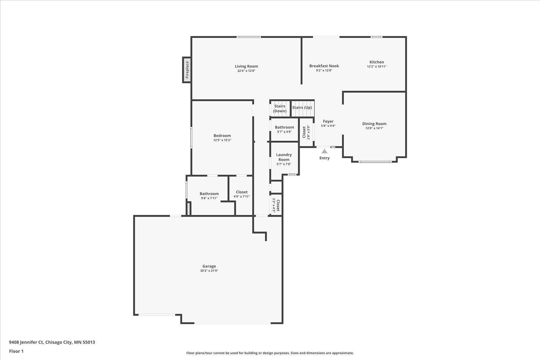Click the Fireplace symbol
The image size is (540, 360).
pyautogui.click(x=187, y=70)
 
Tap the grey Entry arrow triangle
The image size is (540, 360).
pyautogui.click(x=324, y=151)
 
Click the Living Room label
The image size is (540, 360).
pyautogui.click(x=246, y=66)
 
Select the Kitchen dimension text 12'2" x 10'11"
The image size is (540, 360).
pyautogui.click(x=377, y=66)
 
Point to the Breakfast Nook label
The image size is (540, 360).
pyautogui.click(x=324, y=66)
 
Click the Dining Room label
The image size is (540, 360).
pyautogui.click(x=374, y=123)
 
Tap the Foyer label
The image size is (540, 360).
pyautogui.click(x=328, y=121)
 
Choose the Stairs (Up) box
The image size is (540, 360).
pyautogui.click(x=302, y=108)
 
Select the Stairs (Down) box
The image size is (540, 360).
pyautogui.click(x=280, y=108)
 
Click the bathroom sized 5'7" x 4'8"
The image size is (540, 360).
pyautogui.click(x=285, y=130)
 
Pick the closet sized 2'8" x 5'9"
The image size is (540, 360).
pyautogui.click(x=306, y=132)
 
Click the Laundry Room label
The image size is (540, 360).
pyautogui.click(x=284, y=157)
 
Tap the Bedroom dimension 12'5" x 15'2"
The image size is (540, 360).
pyautogui.click(x=222, y=140)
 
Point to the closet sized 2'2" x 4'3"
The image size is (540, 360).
pyautogui.click(x=276, y=205)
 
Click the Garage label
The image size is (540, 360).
pyautogui.click(x=209, y=266)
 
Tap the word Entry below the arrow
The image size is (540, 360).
pyautogui.click(x=324, y=158)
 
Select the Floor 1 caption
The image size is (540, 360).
pyautogui.click(x=16, y=351)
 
